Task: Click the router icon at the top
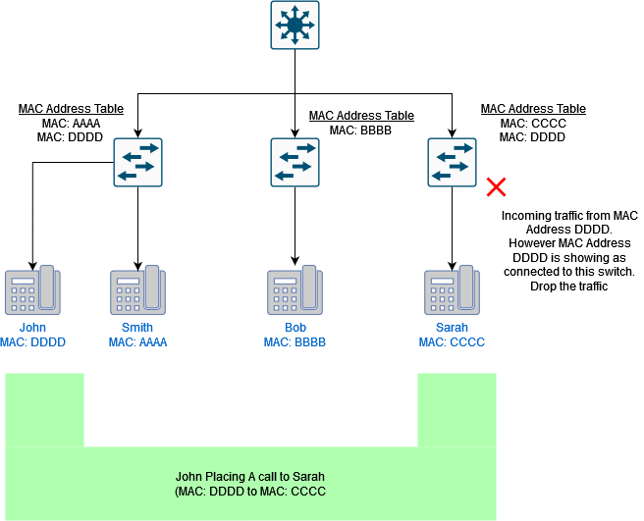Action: tap(295, 25)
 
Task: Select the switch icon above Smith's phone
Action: tap(137, 162)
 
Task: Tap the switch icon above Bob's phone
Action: tap(295, 162)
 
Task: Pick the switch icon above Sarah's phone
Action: tap(452, 162)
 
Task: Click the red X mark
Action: tap(497, 186)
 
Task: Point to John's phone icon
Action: tap(32, 290)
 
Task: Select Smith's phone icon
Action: tap(137, 290)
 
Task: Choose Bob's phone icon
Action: tap(295, 290)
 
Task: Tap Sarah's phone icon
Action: tap(452, 290)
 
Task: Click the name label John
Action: tap(32, 328)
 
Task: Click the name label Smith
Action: tap(137, 328)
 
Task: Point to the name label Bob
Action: tap(295, 328)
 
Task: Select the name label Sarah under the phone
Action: tap(452, 328)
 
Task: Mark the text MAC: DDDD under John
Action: tap(32, 342)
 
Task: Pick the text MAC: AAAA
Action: tap(137, 342)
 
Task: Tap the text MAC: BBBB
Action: tap(295, 342)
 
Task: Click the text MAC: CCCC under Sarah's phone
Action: tap(452, 342)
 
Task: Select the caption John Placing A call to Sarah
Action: tap(250, 476)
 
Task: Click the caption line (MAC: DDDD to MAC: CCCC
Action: tap(250, 491)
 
